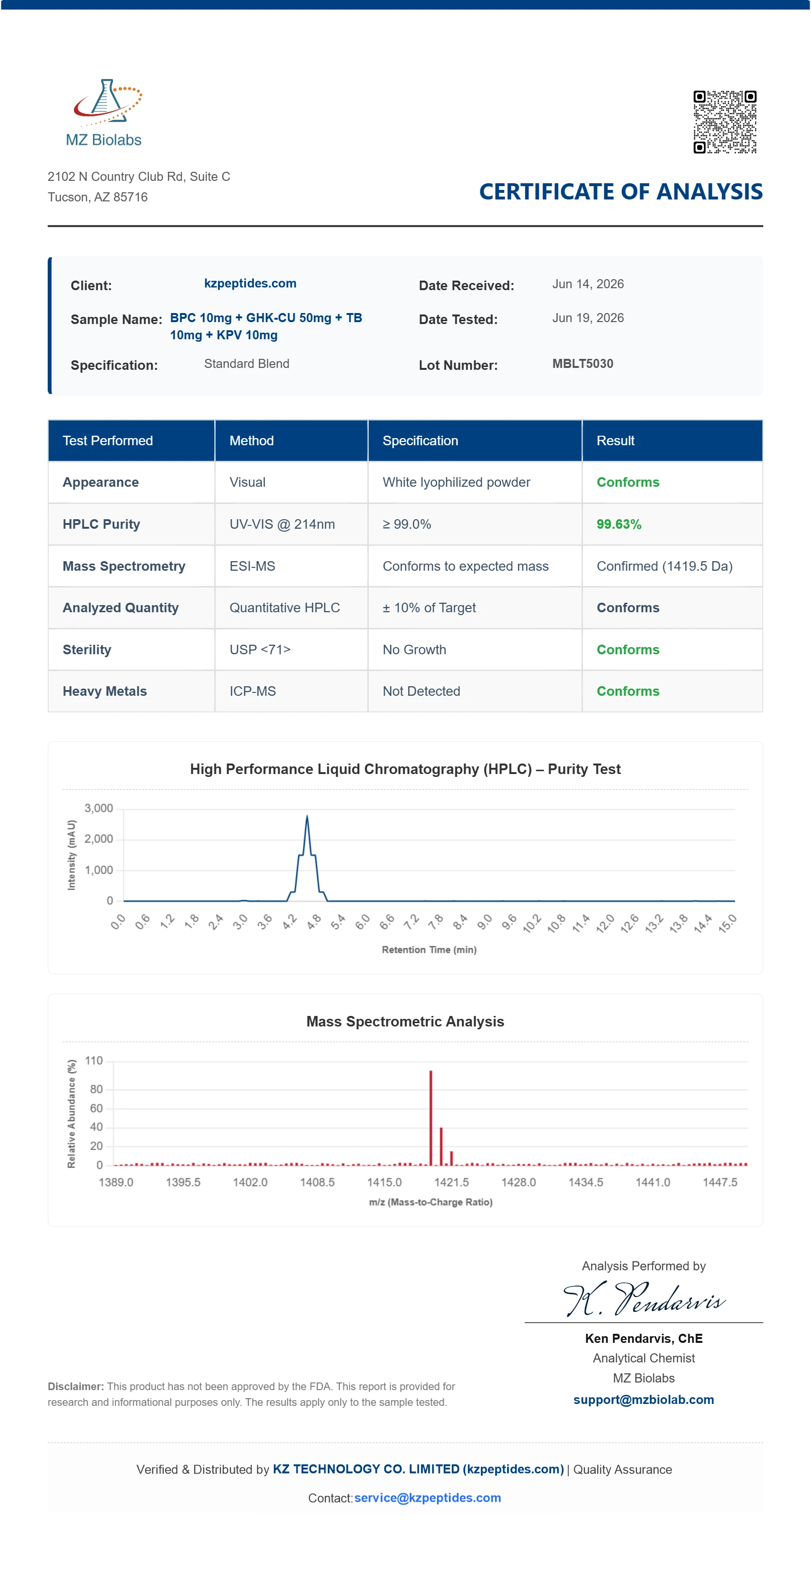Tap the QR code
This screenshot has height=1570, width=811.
coord(725,122)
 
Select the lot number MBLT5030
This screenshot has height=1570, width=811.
coord(582,364)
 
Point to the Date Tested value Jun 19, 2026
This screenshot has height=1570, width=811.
coord(588,318)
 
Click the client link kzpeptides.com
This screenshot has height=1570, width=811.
coord(250,283)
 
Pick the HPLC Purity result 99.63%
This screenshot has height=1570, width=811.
coord(618,524)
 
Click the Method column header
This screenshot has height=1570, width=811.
coord(251,440)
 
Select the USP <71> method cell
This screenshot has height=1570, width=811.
coord(260,649)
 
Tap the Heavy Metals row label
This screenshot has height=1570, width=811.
coord(105,691)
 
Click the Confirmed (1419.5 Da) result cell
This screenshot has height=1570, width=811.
coord(664,566)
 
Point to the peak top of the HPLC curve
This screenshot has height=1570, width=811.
coord(307,816)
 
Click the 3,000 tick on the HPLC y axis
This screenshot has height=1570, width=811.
coord(99,808)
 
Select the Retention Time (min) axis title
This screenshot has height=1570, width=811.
coord(429,950)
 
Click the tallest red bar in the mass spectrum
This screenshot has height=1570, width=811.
coord(431,1118)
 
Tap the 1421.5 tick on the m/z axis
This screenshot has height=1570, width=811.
coord(451,1183)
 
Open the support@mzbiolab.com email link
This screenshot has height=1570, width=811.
coord(644,1400)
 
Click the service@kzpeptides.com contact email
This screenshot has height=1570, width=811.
coord(428,1497)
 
